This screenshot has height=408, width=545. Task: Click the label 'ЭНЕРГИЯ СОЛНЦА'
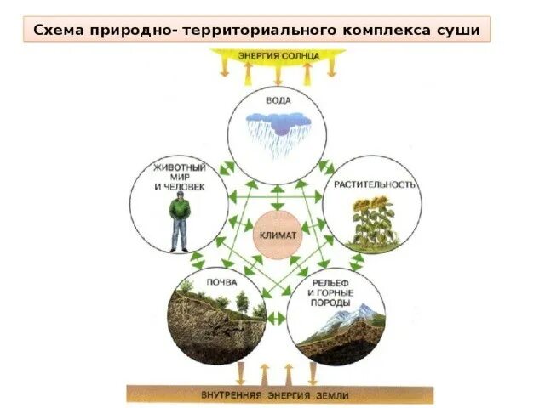tap(278, 55)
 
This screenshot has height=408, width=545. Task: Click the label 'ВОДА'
tap(278, 100)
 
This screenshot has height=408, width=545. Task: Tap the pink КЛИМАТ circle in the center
tap(277, 235)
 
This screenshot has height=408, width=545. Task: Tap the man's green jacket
tap(180, 210)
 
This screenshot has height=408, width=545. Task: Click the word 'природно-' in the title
tap(138, 31)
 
